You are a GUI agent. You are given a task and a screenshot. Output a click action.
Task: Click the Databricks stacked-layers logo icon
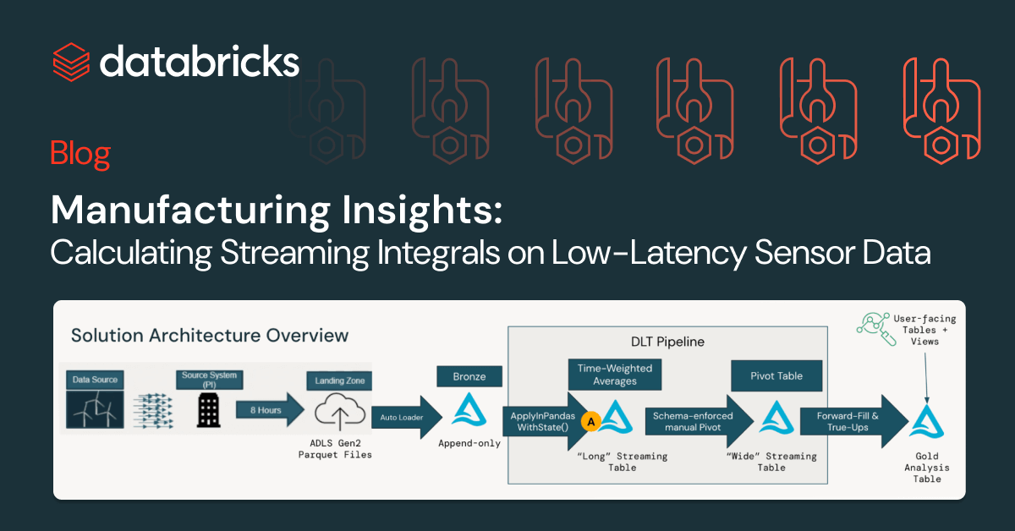point(71,61)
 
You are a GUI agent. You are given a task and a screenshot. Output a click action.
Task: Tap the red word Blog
point(80,154)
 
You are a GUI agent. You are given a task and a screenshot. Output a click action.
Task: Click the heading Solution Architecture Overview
point(210,336)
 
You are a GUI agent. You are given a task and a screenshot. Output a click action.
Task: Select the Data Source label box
point(94,380)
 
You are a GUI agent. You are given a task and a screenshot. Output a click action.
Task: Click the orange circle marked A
point(592,419)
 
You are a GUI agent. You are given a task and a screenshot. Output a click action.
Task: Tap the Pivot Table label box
point(776,375)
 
